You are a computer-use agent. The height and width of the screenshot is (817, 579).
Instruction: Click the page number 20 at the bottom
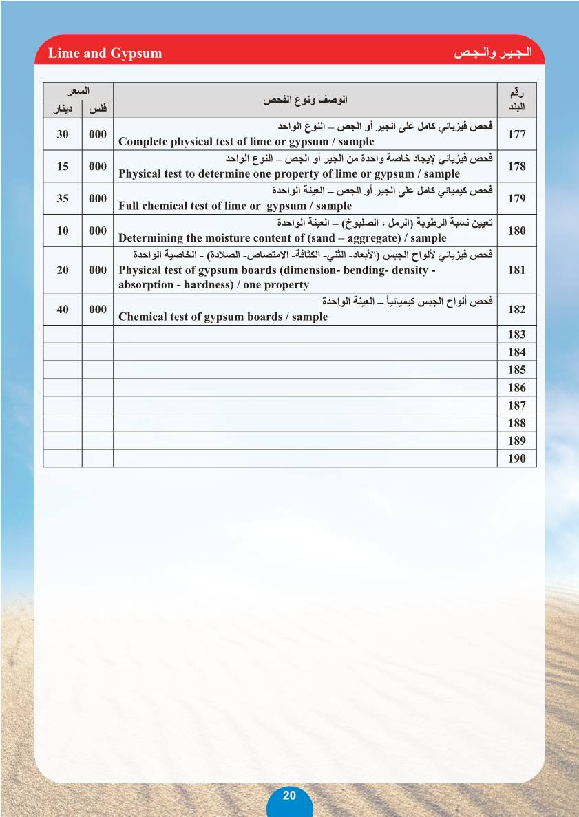[x=289, y=795]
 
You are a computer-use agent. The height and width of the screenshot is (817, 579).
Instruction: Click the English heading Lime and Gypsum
[x=105, y=53]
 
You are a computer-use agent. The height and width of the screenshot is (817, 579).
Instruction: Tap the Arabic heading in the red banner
[x=495, y=53]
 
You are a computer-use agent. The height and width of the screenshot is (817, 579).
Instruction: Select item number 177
[x=516, y=134]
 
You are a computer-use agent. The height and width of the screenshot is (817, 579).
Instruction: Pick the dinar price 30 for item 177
[x=63, y=134]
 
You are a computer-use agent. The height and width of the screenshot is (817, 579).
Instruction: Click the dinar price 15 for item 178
[x=63, y=167]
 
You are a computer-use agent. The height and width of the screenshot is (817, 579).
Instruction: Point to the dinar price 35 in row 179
[x=63, y=199]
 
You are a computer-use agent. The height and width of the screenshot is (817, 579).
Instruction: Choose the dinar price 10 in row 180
[x=63, y=231]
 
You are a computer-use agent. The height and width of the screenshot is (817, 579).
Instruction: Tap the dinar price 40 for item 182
[x=63, y=310]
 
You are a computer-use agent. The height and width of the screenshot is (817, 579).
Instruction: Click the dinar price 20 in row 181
[x=63, y=270]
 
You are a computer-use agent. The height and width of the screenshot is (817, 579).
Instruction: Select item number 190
[x=516, y=459]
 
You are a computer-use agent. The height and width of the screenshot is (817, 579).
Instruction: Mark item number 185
[x=516, y=370]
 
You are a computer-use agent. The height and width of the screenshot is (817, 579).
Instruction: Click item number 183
[x=516, y=335]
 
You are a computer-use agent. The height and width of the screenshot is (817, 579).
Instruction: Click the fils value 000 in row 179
[x=98, y=199]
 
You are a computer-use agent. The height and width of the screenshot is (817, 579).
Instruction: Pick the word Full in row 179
[x=129, y=206]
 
